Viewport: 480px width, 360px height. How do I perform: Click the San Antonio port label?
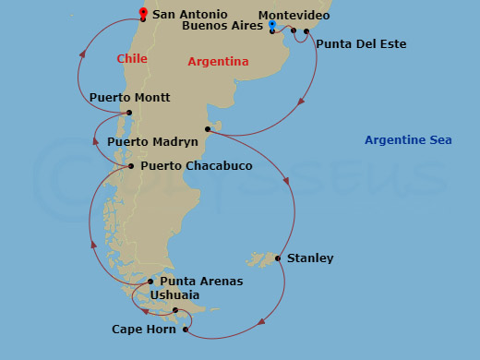click(x=190, y=15)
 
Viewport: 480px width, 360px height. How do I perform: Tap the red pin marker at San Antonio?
click(x=143, y=13)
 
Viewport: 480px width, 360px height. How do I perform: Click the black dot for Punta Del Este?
click(x=307, y=31)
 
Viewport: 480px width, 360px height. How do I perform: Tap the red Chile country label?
click(x=132, y=59)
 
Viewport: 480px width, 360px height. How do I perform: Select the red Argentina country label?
click(x=218, y=62)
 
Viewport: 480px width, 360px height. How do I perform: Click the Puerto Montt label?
click(x=129, y=98)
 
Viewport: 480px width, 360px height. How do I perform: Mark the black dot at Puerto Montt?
click(x=129, y=114)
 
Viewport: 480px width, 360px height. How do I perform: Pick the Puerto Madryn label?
click(x=152, y=142)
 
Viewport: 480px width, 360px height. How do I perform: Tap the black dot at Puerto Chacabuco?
click(x=131, y=166)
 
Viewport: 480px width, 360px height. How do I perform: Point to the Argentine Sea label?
click(x=408, y=140)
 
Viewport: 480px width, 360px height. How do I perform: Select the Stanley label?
click(x=310, y=258)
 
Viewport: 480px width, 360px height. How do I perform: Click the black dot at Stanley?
click(x=278, y=258)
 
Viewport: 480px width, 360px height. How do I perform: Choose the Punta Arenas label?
click(x=201, y=282)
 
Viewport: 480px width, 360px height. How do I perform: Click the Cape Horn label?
click(x=145, y=330)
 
